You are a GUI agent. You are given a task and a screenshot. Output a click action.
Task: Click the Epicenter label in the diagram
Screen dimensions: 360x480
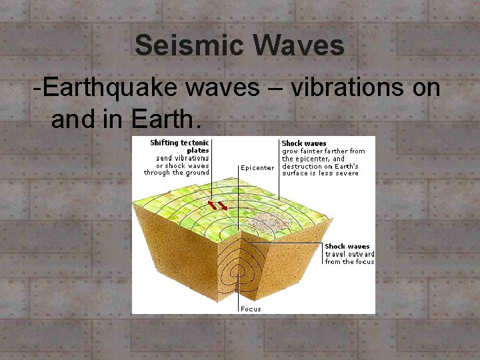(257, 168)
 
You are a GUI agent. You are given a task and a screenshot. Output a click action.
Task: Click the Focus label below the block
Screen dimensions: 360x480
(251, 309)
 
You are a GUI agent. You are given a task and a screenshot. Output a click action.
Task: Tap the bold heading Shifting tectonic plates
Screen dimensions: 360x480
(180, 147)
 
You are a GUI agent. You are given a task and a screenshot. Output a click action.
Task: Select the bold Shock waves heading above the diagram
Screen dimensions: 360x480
(304, 143)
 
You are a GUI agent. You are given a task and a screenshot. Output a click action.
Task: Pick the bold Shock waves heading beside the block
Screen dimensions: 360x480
(347, 247)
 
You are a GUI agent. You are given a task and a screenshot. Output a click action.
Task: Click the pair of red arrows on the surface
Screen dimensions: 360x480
(217, 203)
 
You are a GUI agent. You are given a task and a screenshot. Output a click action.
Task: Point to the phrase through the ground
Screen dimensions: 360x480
(177, 173)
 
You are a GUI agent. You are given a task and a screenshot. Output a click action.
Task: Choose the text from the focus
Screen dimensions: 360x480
(349, 262)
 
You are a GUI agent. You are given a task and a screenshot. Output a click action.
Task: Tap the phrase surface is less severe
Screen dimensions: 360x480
(320, 173)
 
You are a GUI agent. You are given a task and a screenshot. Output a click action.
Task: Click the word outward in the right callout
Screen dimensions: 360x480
(360, 254)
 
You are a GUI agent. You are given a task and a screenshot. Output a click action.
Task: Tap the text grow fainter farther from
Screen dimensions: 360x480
(323, 151)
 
